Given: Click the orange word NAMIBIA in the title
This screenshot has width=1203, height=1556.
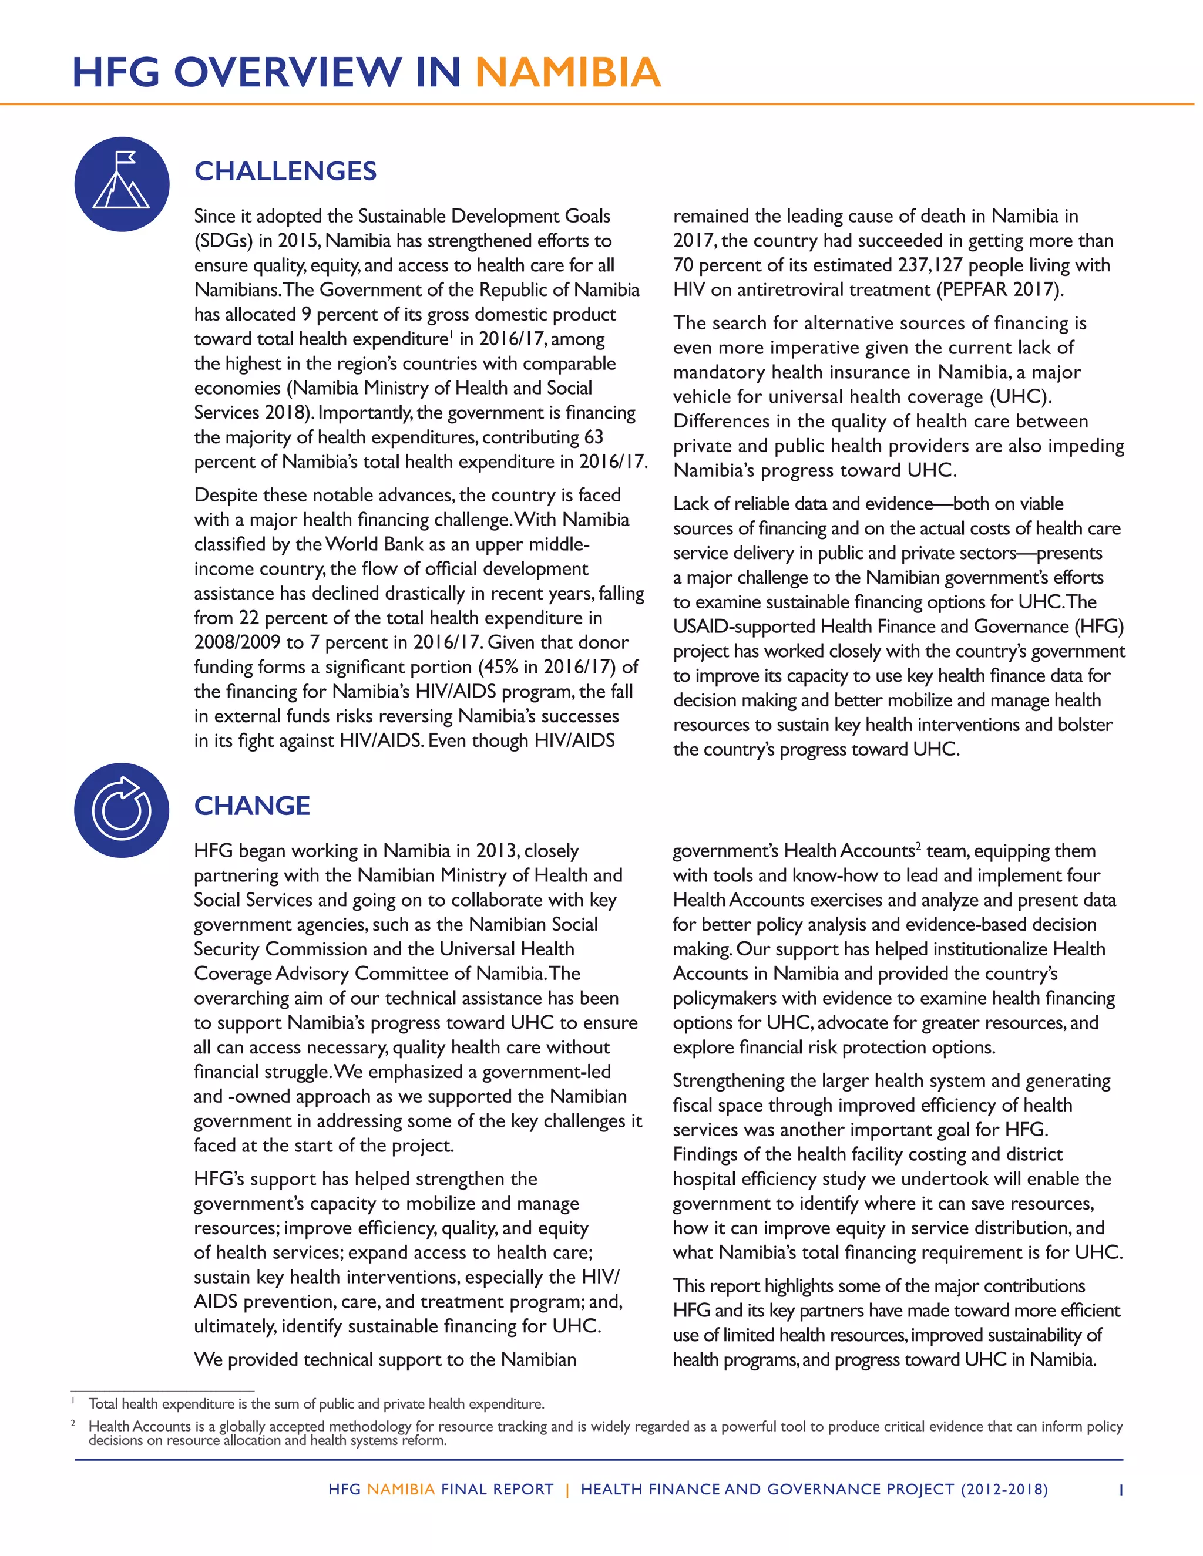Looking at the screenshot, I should (567, 73).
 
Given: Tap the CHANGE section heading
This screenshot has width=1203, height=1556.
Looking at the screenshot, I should (252, 806).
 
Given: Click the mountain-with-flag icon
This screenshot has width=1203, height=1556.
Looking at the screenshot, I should (122, 184).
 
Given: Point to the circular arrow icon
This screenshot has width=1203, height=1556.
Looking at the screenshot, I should (122, 810).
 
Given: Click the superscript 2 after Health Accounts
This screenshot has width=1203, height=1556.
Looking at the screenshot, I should (919, 846).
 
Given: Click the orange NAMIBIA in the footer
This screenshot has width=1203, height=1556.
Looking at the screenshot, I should (401, 1490).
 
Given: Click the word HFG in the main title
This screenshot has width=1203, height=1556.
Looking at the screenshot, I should (116, 73).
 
